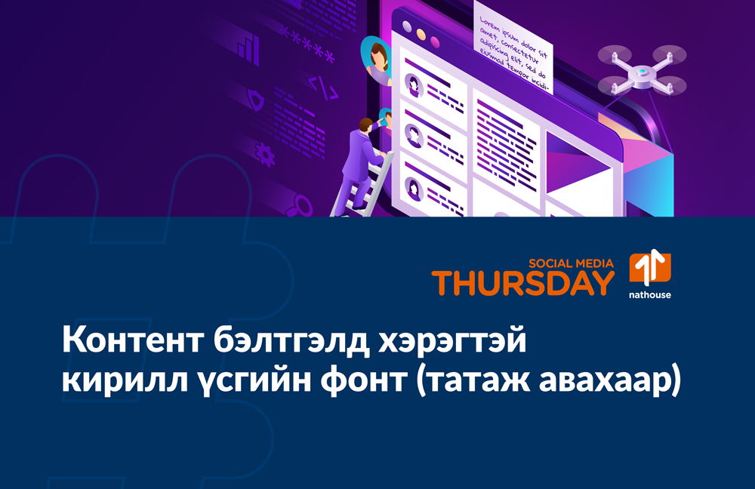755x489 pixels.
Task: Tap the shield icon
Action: click(257, 99)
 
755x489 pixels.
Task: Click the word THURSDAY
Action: click(522, 284)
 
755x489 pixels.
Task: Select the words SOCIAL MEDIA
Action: click(572, 263)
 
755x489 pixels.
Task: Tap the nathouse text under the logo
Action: click(649, 295)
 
